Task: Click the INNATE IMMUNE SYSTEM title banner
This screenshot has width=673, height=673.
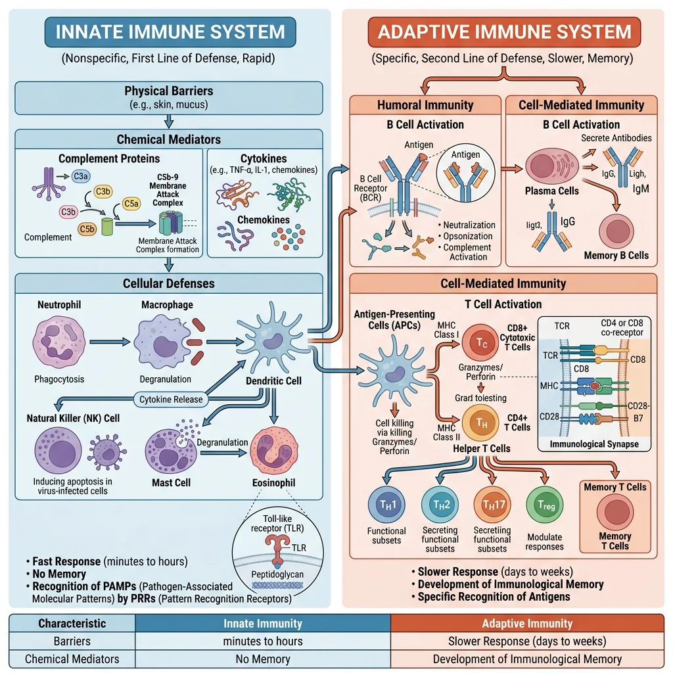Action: [x=170, y=32]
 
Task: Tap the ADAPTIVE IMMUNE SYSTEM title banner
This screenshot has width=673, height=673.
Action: [x=503, y=32]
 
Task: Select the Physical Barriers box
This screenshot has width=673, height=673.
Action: [x=169, y=97]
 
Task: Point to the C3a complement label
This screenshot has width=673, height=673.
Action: [x=80, y=176]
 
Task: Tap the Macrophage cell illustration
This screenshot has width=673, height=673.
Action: [x=160, y=342]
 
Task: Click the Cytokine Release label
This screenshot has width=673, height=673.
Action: [x=170, y=399]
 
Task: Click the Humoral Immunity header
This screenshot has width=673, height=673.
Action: [x=425, y=105]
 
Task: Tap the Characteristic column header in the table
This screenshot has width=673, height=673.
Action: [x=72, y=623]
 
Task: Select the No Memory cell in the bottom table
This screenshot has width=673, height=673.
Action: [x=263, y=659]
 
